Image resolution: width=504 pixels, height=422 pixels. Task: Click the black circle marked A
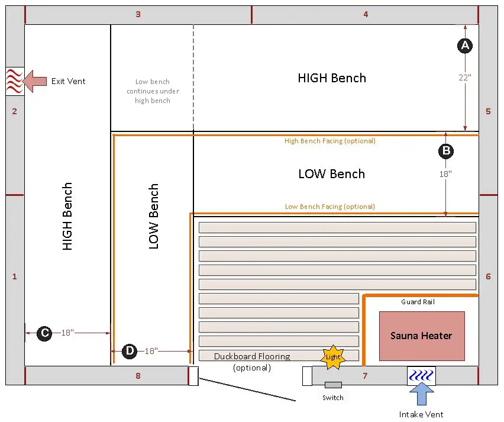click(465, 46)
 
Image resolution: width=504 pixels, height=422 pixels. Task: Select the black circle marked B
click(446, 151)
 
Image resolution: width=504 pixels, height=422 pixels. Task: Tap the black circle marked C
click(44, 333)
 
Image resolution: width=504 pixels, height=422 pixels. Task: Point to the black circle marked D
click(130, 351)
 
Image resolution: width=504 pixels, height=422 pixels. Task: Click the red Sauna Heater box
click(422, 336)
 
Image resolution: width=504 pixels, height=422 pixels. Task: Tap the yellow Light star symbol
click(333, 357)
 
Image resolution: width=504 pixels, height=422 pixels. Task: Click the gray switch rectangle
click(333, 385)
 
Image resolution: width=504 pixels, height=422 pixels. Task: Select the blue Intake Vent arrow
click(422, 394)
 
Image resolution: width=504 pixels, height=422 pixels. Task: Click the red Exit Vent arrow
click(35, 81)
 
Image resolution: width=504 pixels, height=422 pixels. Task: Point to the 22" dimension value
click(465, 78)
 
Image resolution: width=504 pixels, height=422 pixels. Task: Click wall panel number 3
click(138, 14)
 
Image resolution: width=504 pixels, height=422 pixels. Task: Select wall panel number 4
click(366, 14)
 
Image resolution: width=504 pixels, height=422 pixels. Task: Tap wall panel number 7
click(365, 376)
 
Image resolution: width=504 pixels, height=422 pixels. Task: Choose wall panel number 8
click(138, 376)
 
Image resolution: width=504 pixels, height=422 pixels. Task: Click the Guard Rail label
click(418, 302)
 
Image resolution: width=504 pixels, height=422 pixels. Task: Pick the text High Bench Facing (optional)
click(329, 141)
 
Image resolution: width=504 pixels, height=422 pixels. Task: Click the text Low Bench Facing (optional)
click(329, 207)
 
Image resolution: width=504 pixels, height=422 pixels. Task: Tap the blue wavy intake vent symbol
click(421, 375)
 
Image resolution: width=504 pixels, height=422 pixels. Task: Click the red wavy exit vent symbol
click(15, 81)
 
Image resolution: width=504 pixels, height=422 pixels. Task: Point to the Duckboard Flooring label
click(252, 356)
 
